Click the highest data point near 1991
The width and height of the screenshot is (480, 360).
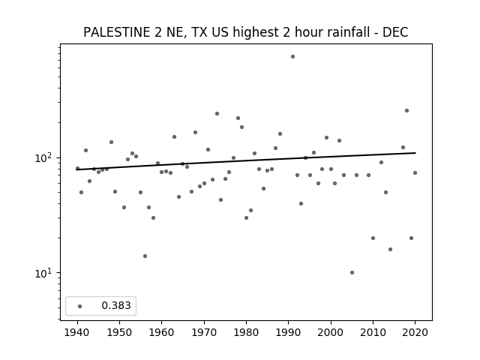(x=292, y=57)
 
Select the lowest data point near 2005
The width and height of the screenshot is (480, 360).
(x=352, y=272)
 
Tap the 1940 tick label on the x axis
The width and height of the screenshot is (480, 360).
(x=77, y=332)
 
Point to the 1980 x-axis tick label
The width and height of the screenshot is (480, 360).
(x=246, y=332)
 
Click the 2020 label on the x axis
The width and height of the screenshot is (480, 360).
(x=415, y=332)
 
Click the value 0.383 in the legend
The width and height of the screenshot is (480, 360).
(x=116, y=305)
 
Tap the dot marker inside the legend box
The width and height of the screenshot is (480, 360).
(x=80, y=306)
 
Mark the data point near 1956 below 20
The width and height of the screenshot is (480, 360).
(x=145, y=256)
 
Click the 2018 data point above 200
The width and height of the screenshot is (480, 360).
(x=406, y=110)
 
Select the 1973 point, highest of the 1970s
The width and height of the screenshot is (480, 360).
(x=217, y=113)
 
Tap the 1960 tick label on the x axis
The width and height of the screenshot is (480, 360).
(x=162, y=332)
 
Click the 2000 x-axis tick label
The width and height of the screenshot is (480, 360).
(x=331, y=332)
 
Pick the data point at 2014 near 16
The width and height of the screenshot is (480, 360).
(x=390, y=249)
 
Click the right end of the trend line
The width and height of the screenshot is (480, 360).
(x=415, y=153)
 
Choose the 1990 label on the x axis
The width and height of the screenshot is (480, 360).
(x=288, y=332)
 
